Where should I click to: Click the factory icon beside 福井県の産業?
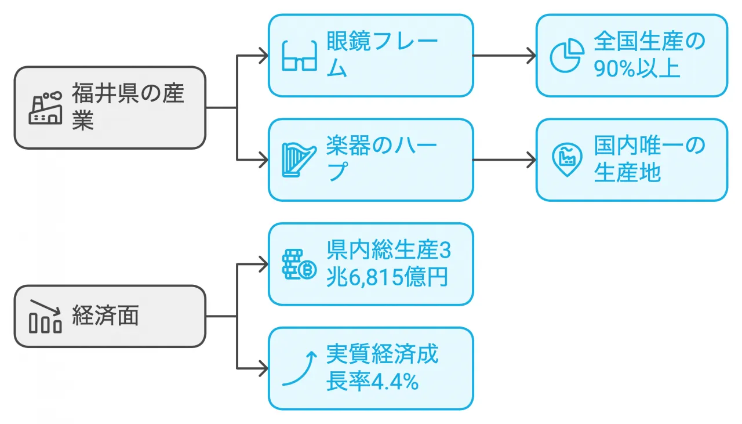(x=45, y=107)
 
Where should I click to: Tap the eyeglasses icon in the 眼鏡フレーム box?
(x=299, y=56)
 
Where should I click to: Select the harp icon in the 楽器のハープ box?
(x=299, y=160)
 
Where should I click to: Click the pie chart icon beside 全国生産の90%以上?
(x=566, y=56)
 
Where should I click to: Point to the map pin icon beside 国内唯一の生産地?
(x=566, y=160)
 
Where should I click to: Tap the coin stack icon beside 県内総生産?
(x=299, y=264)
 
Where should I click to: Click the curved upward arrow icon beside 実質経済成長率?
(x=299, y=368)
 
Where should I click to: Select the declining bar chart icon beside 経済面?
(x=45, y=317)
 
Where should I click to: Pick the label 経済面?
(x=106, y=317)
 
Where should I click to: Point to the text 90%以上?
(x=636, y=68)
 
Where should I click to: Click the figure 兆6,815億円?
(x=387, y=277)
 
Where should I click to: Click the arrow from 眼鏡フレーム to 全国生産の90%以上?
(x=504, y=56)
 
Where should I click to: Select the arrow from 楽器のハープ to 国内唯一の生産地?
(x=504, y=160)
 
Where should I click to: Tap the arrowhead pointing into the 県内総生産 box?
(x=263, y=264)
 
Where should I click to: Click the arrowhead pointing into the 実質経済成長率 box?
(x=263, y=368)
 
